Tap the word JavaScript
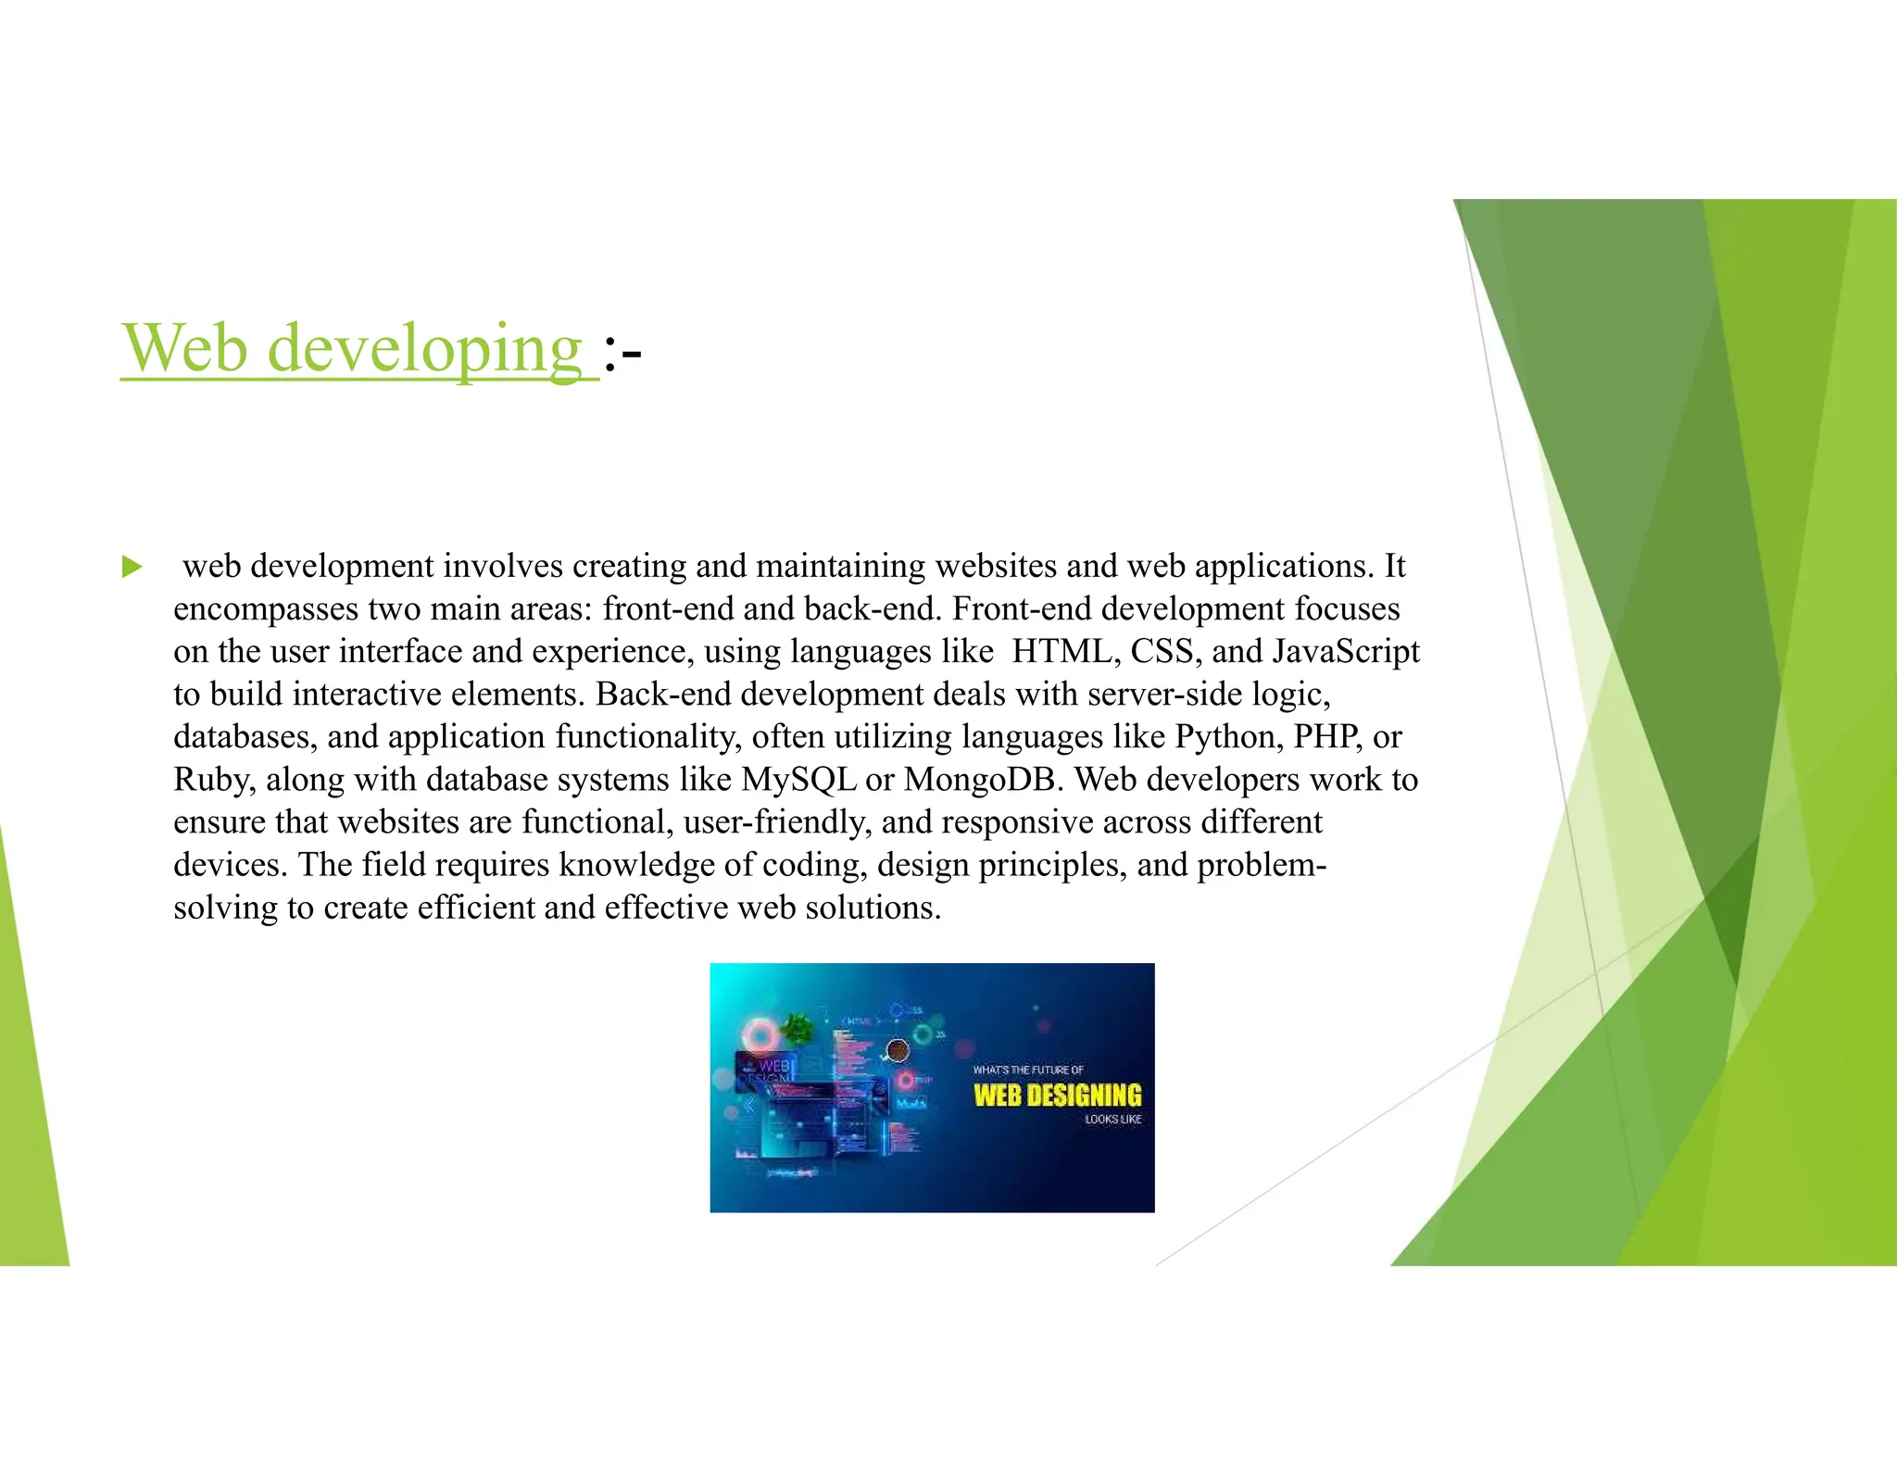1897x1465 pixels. (x=1346, y=652)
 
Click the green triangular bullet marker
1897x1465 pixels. (x=132, y=567)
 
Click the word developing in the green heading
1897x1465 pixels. (x=424, y=350)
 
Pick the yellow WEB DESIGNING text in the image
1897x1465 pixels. (x=1057, y=1096)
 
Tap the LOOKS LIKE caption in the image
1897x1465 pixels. (x=1113, y=1120)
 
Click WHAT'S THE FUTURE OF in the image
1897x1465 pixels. (x=1027, y=1071)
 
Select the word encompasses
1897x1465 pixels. (x=265, y=610)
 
